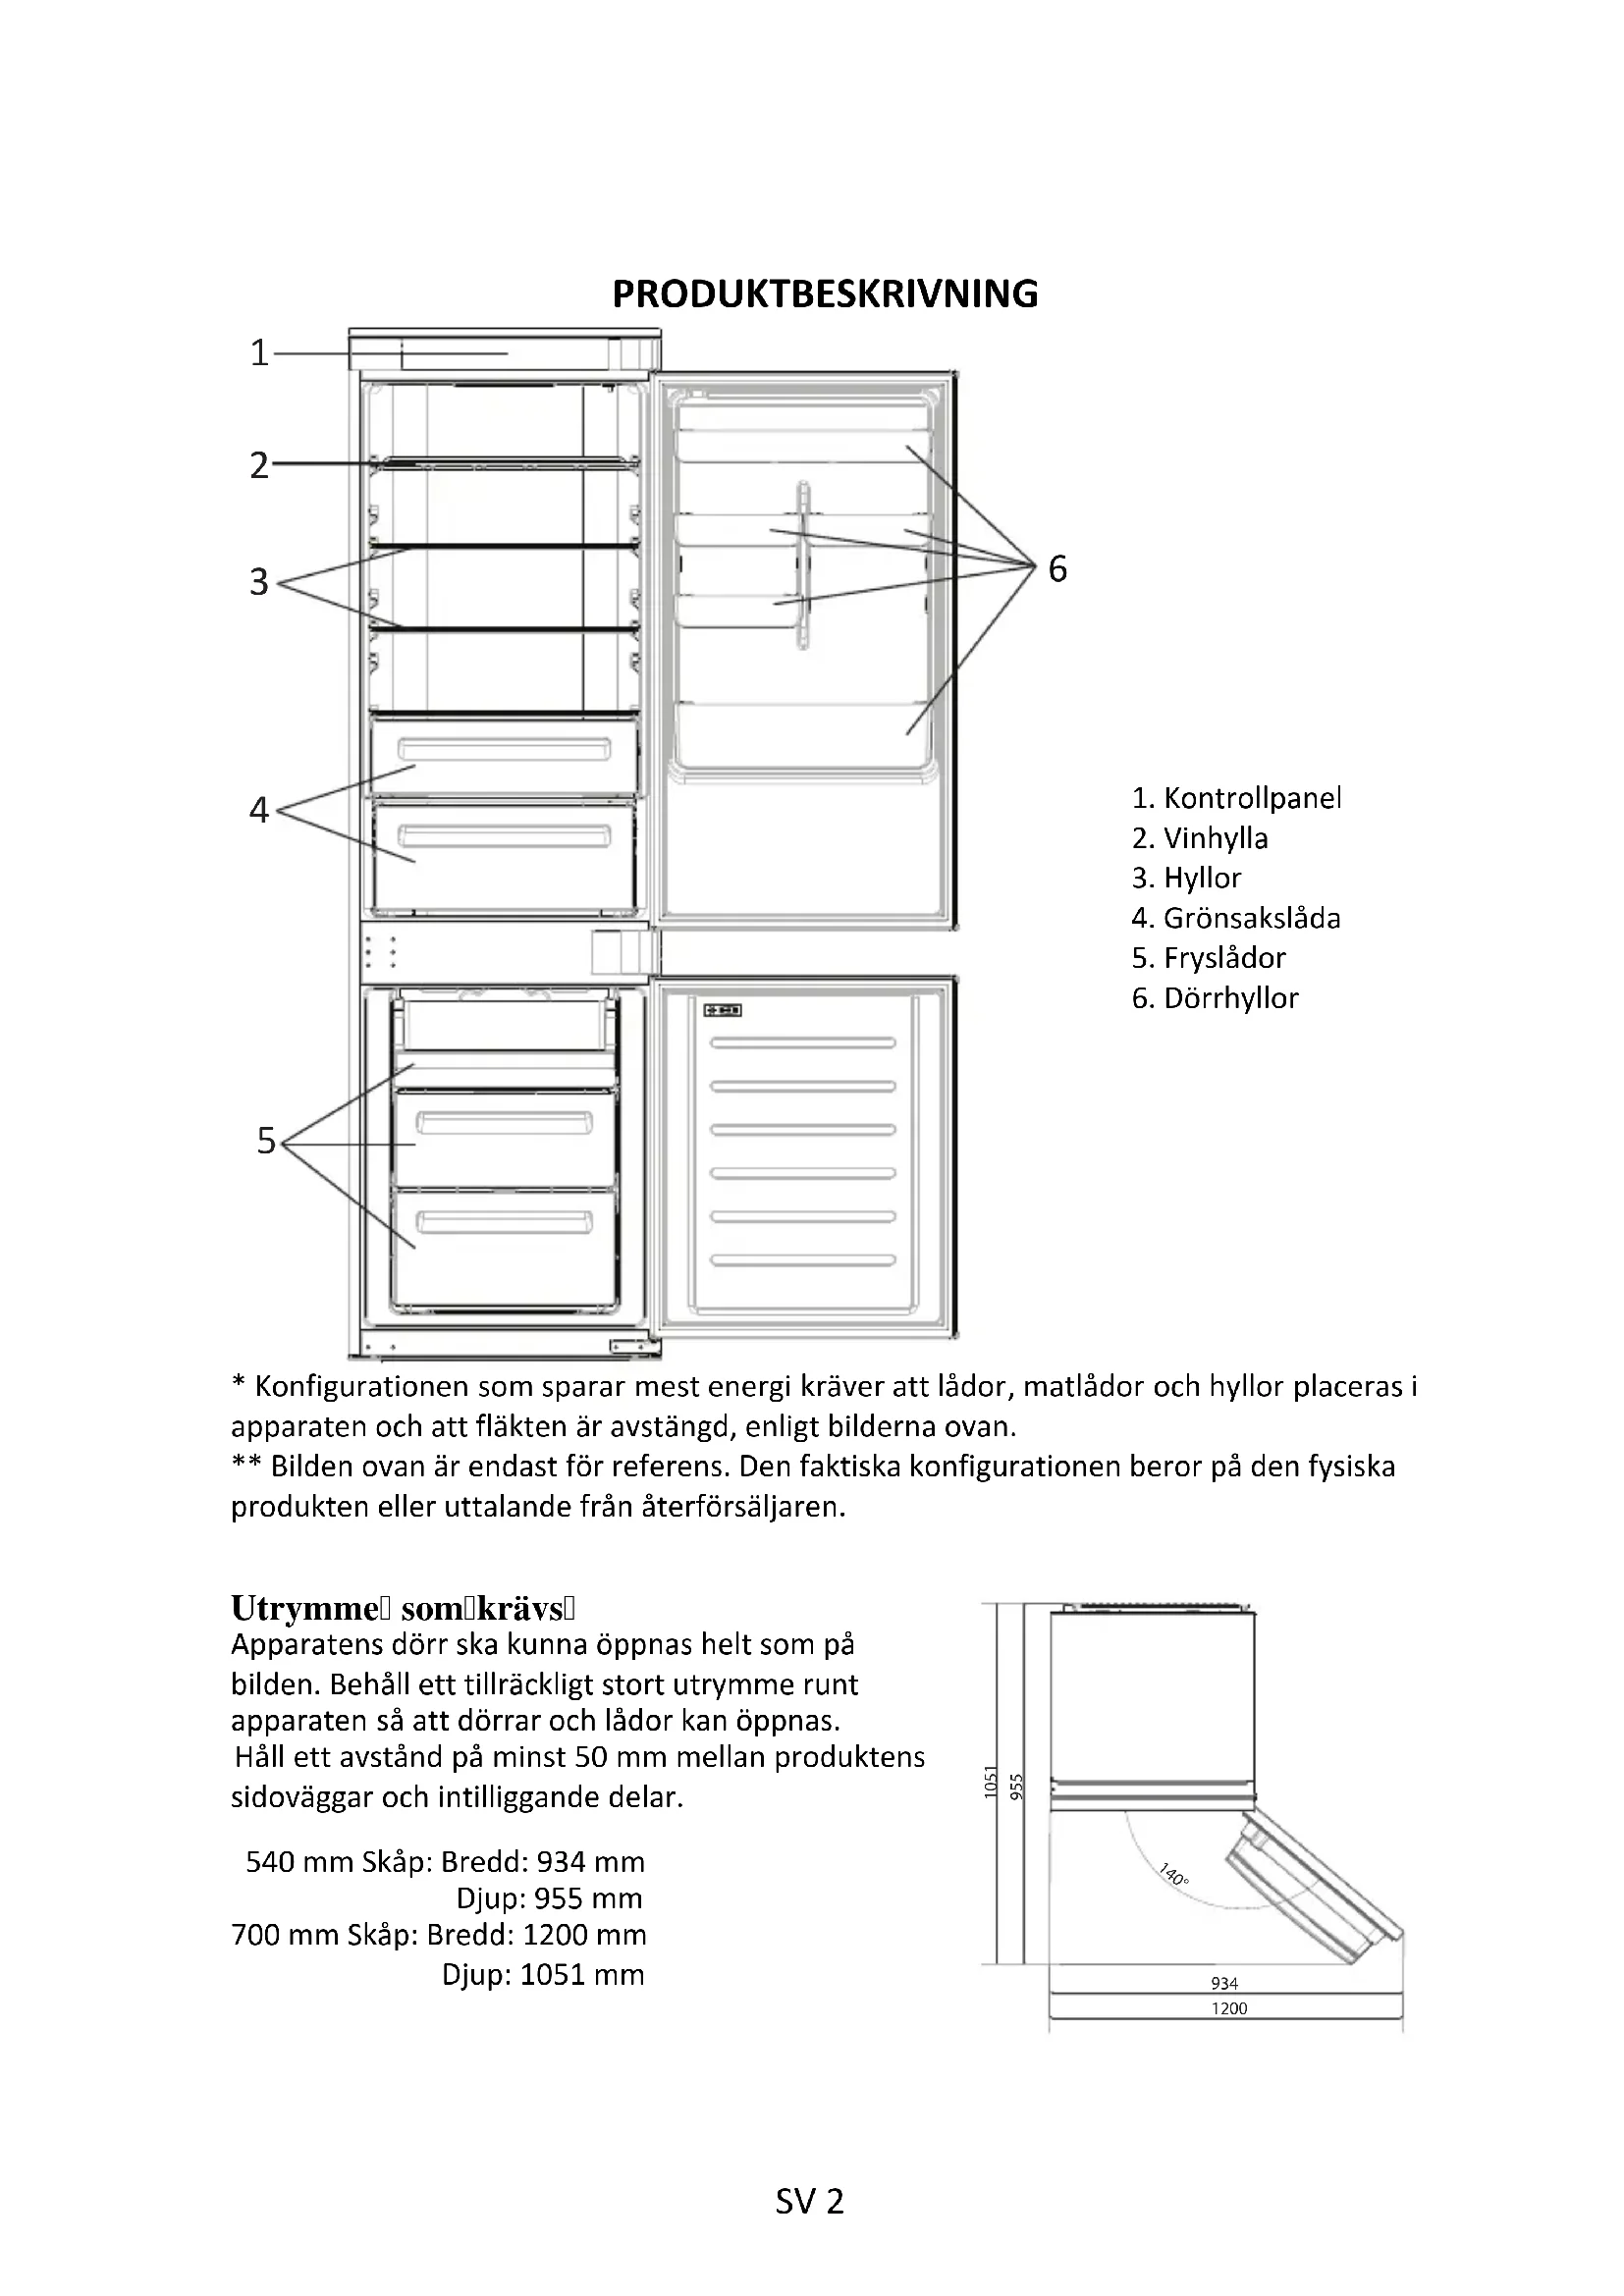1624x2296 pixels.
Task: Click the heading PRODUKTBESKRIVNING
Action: [824, 294]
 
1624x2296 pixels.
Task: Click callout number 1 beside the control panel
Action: [259, 353]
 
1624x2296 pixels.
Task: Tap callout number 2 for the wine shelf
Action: [259, 465]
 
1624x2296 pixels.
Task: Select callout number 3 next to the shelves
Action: [259, 581]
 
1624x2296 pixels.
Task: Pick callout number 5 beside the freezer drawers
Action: [265, 1140]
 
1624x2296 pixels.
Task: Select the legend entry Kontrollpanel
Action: [1236, 798]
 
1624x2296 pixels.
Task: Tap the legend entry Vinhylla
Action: [1200, 838]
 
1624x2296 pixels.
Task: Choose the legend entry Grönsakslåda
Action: [1236, 918]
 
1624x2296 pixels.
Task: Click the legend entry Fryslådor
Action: [1208, 958]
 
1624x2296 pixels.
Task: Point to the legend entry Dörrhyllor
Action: [1215, 998]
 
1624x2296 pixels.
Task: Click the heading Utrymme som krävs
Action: [403, 1609]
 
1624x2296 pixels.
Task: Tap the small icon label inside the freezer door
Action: [721, 1010]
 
